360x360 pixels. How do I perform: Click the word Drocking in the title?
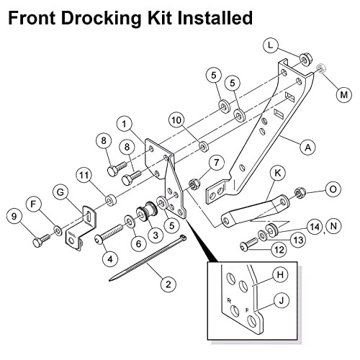pos(101,19)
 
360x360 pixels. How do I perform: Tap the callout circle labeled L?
pos(271,45)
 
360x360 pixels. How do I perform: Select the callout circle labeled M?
pos(343,95)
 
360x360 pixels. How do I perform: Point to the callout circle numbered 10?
pos(176,120)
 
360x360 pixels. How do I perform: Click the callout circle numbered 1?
pos(125,124)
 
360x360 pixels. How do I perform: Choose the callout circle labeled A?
pos(308,148)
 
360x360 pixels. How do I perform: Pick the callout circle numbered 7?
pos(217,163)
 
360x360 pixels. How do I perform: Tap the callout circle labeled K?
pos(278,173)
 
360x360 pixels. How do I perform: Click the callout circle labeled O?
pos(333,189)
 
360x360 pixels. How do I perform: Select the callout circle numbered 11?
pos(84,176)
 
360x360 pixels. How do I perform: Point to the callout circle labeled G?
pos(60,192)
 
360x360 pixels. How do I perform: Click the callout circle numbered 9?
pos(14,217)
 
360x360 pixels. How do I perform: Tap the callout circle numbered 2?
pos(168,284)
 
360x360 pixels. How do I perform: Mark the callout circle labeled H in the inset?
pos(280,274)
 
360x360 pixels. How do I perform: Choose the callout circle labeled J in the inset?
pos(282,300)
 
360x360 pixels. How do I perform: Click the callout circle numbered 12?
pos(279,250)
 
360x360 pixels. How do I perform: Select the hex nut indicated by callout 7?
pos(194,184)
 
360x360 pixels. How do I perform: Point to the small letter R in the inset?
pos(229,300)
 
